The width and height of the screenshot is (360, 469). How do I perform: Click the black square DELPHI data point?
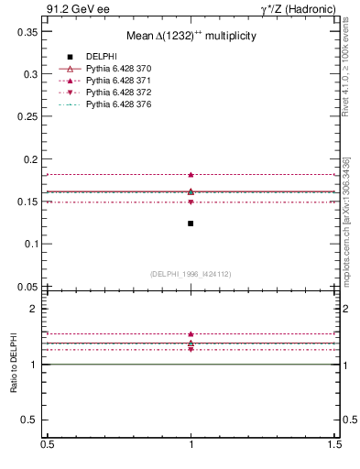pyautogui.click(x=191, y=224)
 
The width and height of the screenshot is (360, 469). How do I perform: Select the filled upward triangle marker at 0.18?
pyautogui.click(x=191, y=174)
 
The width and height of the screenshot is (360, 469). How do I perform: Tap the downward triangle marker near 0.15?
pyautogui.click(x=191, y=202)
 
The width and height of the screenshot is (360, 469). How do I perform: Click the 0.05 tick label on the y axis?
pyautogui.click(x=28, y=286)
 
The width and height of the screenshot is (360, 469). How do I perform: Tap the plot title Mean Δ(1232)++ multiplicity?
pyautogui.click(x=191, y=35)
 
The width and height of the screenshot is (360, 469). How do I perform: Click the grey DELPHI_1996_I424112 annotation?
pyautogui.click(x=191, y=274)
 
